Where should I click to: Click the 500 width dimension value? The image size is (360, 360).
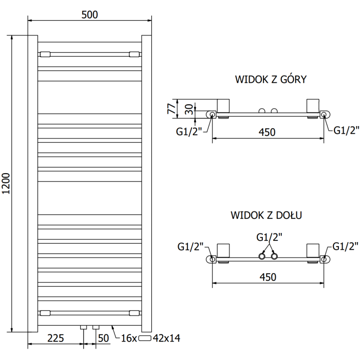[90, 15]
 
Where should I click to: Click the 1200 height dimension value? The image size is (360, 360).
[6, 184]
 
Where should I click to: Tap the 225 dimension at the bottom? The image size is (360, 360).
[55, 337]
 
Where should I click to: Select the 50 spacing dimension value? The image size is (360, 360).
[104, 337]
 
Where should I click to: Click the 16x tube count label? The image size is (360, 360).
[129, 338]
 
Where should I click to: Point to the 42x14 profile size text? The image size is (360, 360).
[166, 338]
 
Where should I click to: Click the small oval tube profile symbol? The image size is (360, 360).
[145, 338]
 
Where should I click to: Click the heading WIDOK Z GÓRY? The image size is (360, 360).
[270, 80]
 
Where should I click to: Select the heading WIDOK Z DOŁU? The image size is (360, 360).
[266, 215]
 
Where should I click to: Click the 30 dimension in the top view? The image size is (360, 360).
[189, 109]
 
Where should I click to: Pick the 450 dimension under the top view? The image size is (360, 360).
[267, 132]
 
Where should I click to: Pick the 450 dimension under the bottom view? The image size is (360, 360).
[267, 277]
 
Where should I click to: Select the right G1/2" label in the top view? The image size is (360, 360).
[346, 130]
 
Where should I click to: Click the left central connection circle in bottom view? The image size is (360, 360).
[262, 256]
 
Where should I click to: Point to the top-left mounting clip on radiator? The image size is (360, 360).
[45, 54]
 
